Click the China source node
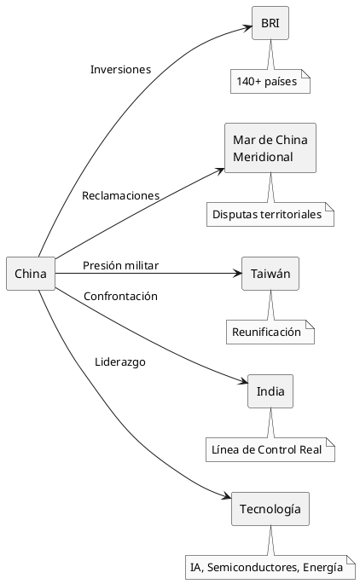click(x=30, y=273)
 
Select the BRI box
click(x=270, y=23)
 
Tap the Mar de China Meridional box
click(x=270, y=148)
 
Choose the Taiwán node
click(x=270, y=274)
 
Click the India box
click(x=270, y=392)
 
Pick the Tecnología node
click(x=270, y=509)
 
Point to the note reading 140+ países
click(x=270, y=82)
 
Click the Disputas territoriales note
click(x=270, y=214)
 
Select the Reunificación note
click(x=270, y=332)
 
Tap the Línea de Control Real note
click(x=270, y=449)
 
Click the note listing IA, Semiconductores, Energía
click(x=270, y=567)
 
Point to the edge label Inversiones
click(x=120, y=69)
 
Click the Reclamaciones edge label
click(x=120, y=195)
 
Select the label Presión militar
click(x=120, y=265)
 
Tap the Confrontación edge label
click(x=120, y=296)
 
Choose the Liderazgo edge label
click(x=120, y=361)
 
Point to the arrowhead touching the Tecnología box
click(x=226, y=497)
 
